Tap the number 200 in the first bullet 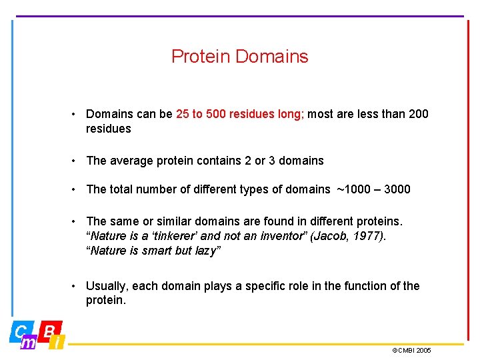417,114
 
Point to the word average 131,161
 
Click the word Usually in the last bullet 106,286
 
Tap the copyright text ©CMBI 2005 411,350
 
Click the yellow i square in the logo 58,343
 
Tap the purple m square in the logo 29,343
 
